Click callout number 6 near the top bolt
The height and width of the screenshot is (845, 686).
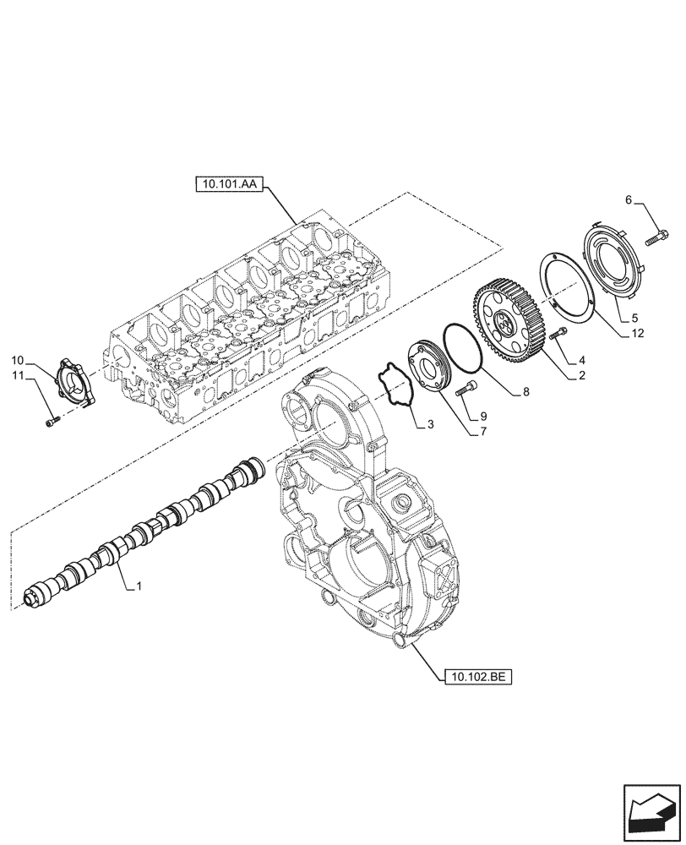pyautogui.click(x=628, y=199)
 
